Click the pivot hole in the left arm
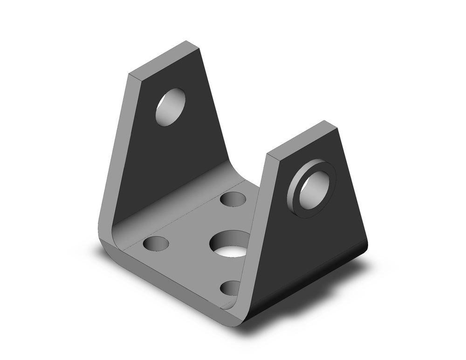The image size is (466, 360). point(170,107)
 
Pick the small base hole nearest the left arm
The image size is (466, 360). point(156,243)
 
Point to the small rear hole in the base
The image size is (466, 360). point(233,199)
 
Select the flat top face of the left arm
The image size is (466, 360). point(164,59)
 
